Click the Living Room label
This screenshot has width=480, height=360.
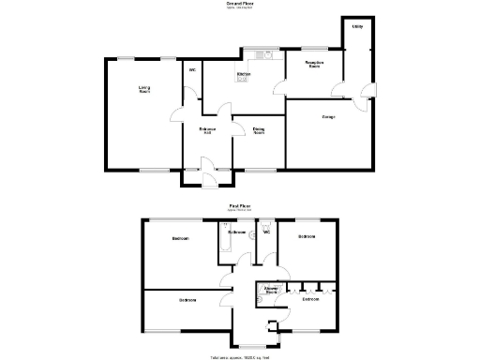pyautogui.click(x=145, y=90)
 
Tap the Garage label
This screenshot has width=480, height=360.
pyautogui.click(x=328, y=117)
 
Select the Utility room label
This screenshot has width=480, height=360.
pyautogui.click(x=357, y=26)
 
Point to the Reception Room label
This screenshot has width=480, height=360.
pyautogui.click(x=315, y=65)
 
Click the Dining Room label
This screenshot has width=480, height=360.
pyautogui.click(x=258, y=131)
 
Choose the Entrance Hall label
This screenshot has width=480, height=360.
pyautogui.click(x=207, y=130)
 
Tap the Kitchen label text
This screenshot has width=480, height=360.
pyautogui.click(x=243, y=74)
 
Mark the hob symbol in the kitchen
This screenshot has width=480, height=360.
pyautogui.click(x=242, y=80)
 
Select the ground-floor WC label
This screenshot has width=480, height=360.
pyautogui.click(x=192, y=71)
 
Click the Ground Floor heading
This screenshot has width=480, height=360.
pyautogui.click(x=240, y=5)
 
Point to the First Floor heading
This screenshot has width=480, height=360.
pyautogui.click(x=240, y=204)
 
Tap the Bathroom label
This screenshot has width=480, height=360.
pyautogui.click(x=237, y=232)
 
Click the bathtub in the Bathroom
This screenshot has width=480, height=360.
pyautogui.click(x=223, y=241)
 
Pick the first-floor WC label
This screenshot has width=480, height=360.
pyautogui.click(x=266, y=233)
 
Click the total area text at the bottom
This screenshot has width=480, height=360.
pyautogui.click(x=240, y=356)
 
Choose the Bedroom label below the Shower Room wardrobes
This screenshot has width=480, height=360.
pyautogui.click(x=310, y=299)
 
